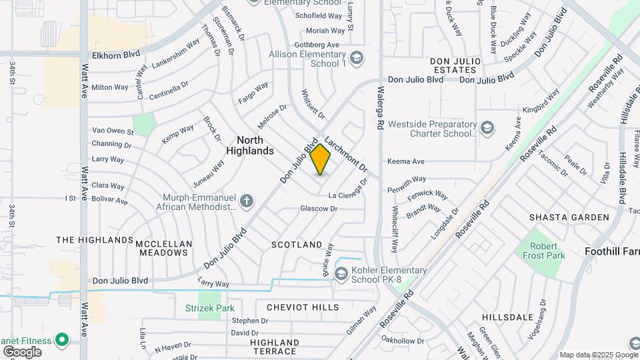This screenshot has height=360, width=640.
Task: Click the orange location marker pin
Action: (321, 159)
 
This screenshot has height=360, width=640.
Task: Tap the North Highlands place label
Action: (255, 145)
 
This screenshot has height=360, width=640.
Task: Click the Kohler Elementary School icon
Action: (341, 273)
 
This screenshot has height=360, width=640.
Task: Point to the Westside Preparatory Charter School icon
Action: (487, 128)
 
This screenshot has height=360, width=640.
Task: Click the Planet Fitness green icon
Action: (62, 340)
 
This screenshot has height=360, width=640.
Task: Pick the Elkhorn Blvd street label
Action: (117, 56)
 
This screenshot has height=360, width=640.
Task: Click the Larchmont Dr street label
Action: (347, 154)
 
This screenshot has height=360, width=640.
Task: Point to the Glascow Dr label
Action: (319, 209)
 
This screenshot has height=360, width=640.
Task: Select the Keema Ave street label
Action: (405, 161)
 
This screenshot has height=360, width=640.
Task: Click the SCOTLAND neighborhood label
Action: (297, 245)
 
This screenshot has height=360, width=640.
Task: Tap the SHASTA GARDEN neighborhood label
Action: (569, 217)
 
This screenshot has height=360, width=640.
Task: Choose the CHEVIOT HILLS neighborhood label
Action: (303, 307)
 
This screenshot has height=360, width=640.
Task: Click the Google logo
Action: (22, 351)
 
